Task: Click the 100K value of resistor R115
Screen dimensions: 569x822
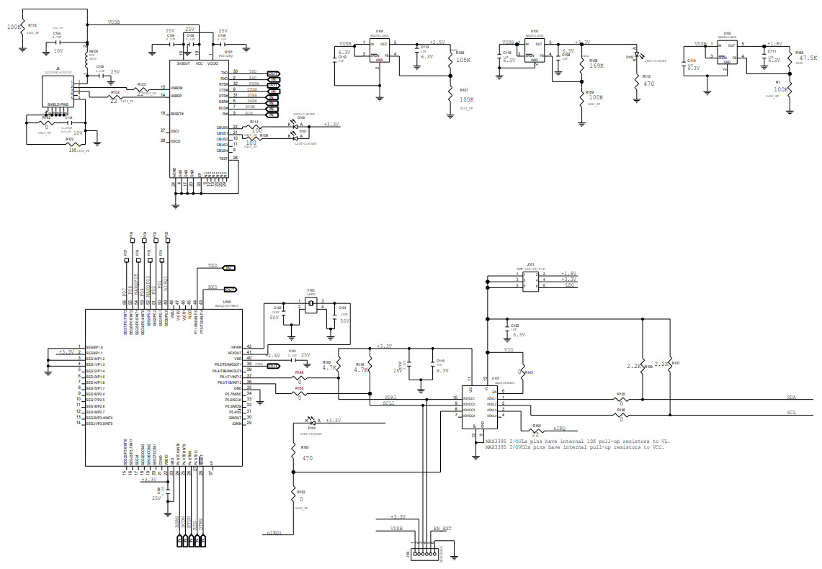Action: (x=14, y=27)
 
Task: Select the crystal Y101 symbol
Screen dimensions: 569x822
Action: (x=310, y=305)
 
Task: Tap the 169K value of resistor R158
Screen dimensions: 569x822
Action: (x=596, y=66)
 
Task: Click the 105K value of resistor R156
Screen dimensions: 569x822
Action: (x=463, y=61)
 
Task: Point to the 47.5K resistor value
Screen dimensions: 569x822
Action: (x=808, y=58)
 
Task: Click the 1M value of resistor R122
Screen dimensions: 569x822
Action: (x=71, y=150)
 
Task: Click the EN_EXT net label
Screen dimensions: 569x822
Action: (x=442, y=529)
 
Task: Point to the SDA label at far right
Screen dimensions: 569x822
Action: (x=791, y=398)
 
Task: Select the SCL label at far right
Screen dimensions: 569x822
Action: (x=791, y=412)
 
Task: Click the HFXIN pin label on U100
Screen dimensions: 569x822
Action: (x=235, y=347)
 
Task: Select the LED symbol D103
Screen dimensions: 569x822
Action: (x=311, y=421)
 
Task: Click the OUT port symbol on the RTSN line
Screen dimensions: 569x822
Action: (x=274, y=85)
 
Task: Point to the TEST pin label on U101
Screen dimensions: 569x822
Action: (x=223, y=158)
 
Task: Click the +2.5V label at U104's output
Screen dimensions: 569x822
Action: (x=437, y=42)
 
